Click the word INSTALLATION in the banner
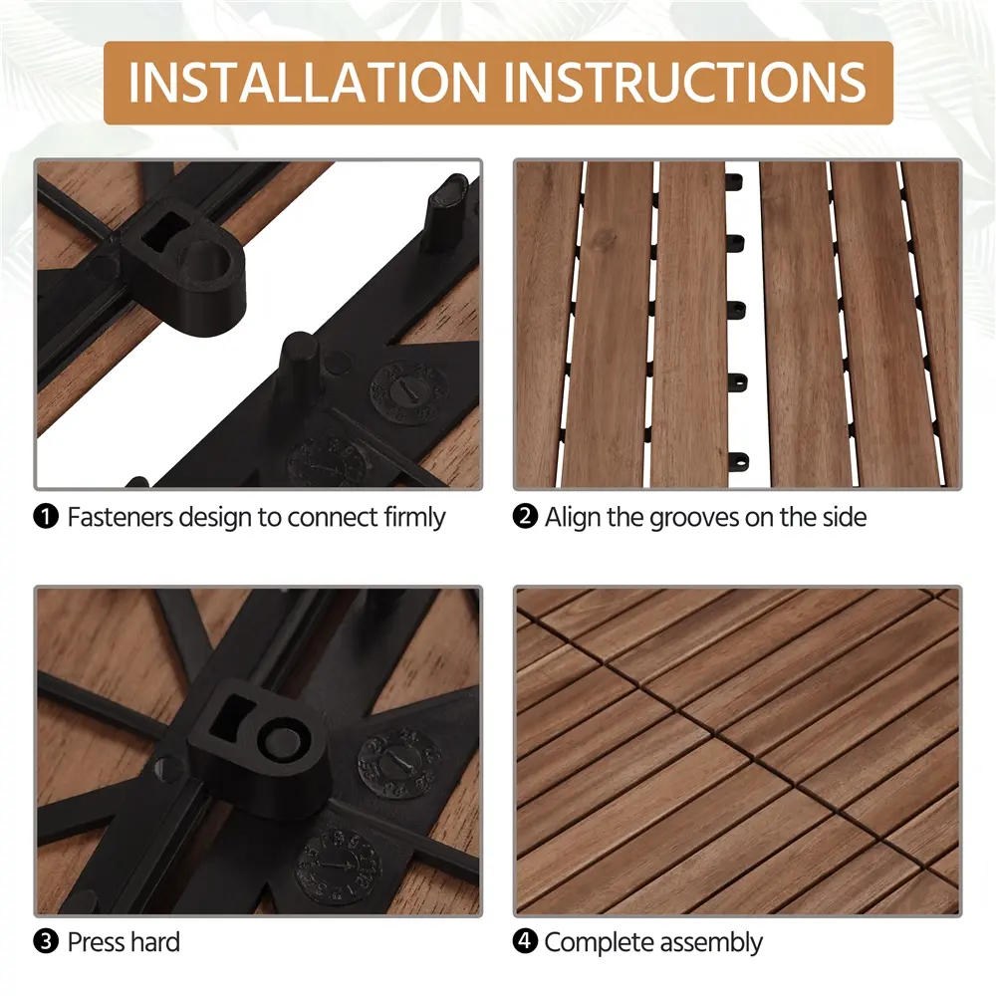point(308,82)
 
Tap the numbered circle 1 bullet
point(46,517)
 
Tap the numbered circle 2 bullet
point(525,516)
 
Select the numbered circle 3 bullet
point(46,942)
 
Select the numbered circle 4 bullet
point(525,941)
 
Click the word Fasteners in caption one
point(121,517)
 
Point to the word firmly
point(414,518)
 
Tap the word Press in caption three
point(96,942)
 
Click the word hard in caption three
point(154,942)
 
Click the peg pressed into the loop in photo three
point(282,741)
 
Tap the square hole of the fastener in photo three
point(231,716)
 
